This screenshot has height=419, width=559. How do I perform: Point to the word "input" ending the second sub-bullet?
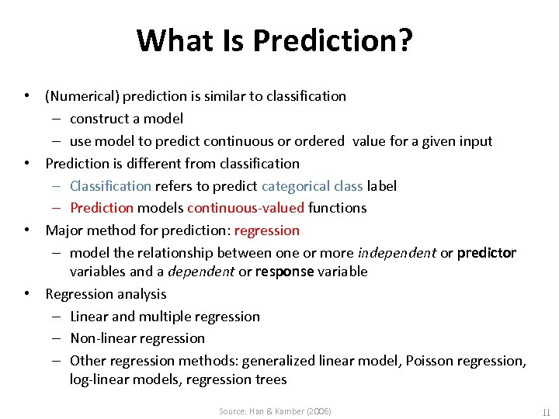click(476, 141)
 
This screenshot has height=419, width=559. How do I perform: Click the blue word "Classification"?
click(110, 186)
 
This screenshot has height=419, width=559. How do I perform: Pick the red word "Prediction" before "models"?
click(102, 208)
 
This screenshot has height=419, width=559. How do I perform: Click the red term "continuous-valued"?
click(246, 208)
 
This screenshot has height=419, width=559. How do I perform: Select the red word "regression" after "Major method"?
click(266, 230)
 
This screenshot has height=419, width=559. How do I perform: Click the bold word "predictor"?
click(487, 253)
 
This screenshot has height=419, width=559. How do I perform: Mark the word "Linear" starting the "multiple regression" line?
click(89, 317)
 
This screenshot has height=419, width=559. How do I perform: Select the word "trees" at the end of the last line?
click(271, 379)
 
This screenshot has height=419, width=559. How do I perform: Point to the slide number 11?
click(545, 411)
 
